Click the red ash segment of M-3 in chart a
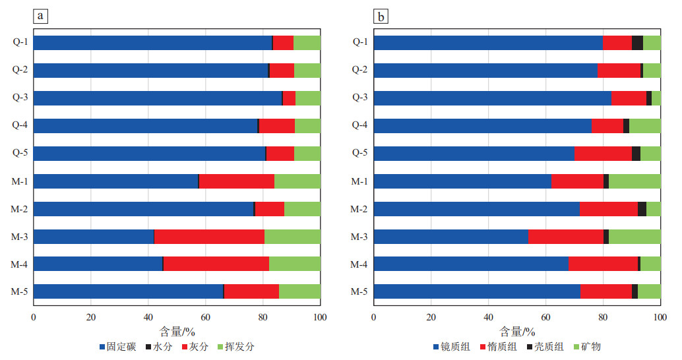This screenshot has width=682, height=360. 209,236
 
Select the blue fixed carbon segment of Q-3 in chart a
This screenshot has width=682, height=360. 158,98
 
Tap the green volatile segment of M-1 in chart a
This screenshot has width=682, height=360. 297,181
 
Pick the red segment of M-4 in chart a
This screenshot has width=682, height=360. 216,264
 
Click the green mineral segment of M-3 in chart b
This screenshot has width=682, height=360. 635,236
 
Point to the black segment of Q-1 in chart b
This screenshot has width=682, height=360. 637,43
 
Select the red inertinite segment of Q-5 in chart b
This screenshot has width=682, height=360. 603,154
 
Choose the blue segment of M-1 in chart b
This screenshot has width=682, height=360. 462,181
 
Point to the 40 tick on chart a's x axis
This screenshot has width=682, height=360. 148,317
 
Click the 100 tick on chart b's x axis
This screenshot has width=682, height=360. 660,317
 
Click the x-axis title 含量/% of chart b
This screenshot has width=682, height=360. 517,331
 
